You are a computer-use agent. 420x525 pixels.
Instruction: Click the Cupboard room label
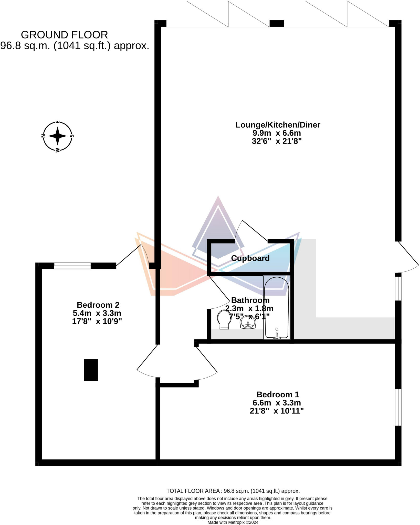[x=250, y=258]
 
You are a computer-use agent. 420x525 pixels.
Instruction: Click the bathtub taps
[x=277, y=336]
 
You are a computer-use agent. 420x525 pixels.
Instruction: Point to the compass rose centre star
[x=58, y=136]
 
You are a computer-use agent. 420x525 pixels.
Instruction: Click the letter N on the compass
[x=43, y=136]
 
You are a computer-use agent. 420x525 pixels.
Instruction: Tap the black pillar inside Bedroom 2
[x=91, y=370]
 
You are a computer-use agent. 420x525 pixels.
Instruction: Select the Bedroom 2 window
[x=72, y=266]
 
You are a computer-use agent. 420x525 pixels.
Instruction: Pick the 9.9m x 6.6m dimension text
[x=277, y=133]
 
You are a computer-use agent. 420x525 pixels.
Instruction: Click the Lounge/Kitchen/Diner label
[x=278, y=125]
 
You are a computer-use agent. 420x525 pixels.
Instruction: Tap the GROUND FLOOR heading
[x=64, y=35]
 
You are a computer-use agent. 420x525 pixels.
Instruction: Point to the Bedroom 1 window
[x=398, y=407]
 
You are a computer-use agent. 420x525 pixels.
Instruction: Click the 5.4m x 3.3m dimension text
[x=97, y=313]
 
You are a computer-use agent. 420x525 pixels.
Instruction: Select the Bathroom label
[x=250, y=300]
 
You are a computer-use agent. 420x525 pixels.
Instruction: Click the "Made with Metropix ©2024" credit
[x=233, y=522]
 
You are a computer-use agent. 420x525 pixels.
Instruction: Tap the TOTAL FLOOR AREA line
[x=233, y=491]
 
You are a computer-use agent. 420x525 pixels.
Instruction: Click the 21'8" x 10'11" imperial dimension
[x=277, y=411]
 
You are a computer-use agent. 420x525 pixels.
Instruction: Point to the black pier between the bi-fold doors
[x=277, y=24]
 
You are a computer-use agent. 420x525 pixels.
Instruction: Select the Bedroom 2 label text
[x=98, y=305]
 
